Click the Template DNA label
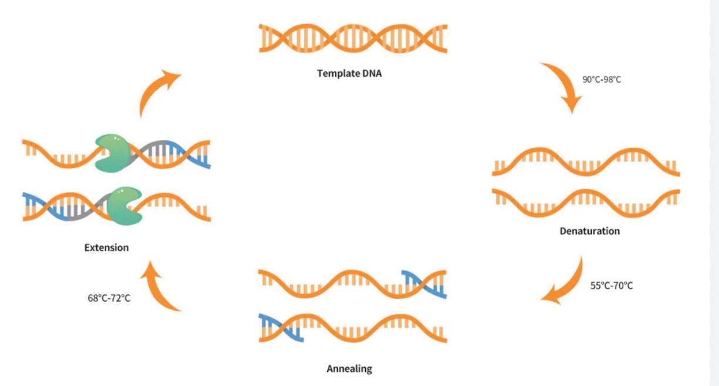click(350, 74)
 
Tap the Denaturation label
click(589, 231)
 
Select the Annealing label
click(350, 369)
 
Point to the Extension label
click(106, 247)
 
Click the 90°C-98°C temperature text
click(602, 79)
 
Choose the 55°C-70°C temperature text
click(612, 286)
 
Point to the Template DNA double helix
click(353, 38)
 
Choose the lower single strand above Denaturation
click(586, 201)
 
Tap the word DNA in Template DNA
click(370, 74)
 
